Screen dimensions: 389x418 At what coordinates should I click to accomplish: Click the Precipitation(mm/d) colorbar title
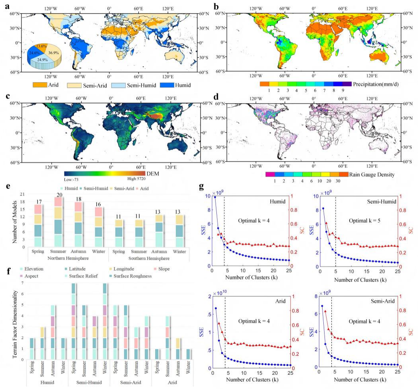click(376, 84)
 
